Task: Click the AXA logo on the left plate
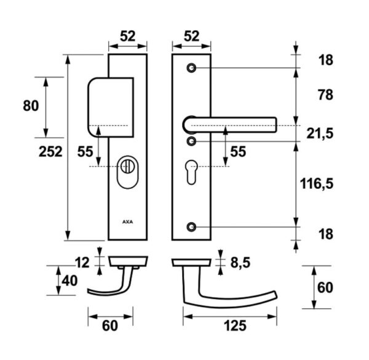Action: point(127,222)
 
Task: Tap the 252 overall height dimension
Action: point(50,151)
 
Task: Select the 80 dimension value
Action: point(31,106)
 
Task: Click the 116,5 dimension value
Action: point(317,183)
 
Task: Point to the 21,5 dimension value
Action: point(320,134)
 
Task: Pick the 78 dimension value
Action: point(326,95)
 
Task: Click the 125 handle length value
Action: point(235,326)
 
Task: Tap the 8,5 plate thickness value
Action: point(240,263)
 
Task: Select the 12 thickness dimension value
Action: point(82,263)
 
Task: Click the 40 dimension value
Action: point(69,281)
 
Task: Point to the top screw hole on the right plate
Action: point(191,68)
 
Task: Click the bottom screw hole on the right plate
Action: point(191,227)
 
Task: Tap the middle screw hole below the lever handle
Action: point(191,142)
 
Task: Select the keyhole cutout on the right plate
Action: point(191,172)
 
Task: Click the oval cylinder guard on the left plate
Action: point(127,172)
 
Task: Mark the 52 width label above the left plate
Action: point(128,36)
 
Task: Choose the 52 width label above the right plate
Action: point(191,36)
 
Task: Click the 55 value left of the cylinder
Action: point(85,151)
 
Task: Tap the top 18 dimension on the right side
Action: point(326,60)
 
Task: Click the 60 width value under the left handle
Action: point(110,326)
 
